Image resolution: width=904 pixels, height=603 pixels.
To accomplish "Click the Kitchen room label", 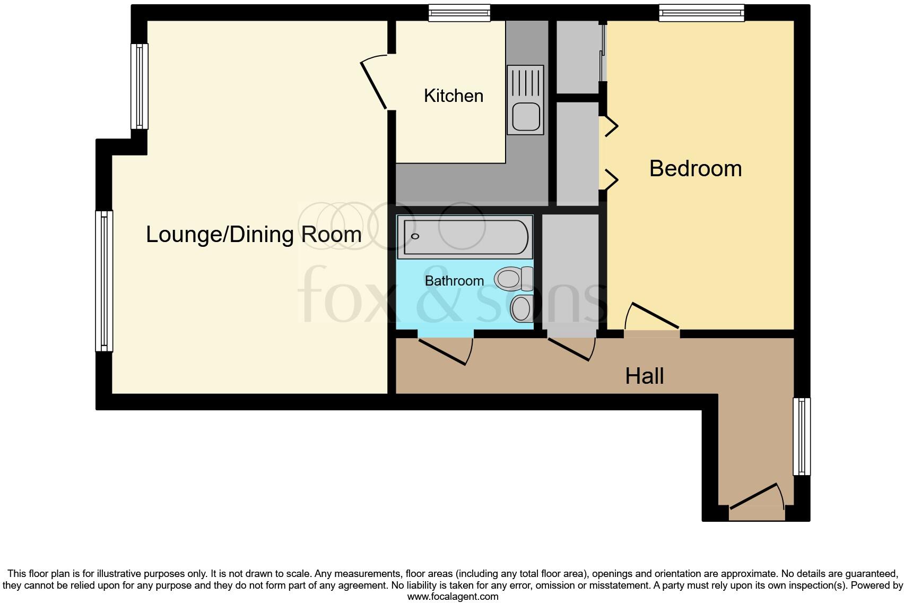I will (x=454, y=96).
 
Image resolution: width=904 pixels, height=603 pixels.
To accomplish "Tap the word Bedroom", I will (x=695, y=169).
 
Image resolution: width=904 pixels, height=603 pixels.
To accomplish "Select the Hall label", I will (x=644, y=376).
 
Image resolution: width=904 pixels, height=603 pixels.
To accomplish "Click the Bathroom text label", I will (x=454, y=281).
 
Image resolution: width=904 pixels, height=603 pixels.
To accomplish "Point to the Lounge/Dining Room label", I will (x=254, y=235).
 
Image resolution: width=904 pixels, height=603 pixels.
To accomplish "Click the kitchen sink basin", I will (x=526, y=116).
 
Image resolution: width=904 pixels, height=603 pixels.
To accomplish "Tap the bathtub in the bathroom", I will (x=465, y=237).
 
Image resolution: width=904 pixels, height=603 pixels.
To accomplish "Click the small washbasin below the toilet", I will (x=521, y=308).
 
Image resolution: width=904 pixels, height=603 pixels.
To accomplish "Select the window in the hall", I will (x=802, y=436).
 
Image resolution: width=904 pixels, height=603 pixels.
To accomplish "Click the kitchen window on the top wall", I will (x=459, y=13).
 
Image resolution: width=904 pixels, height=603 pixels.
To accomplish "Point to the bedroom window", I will (x=701, y=13).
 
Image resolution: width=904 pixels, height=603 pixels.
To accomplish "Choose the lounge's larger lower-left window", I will (x=104, y=281).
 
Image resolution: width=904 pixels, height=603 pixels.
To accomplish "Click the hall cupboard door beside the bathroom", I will (x=570, y=349).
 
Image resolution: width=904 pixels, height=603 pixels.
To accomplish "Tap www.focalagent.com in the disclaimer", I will (x=453, y=597).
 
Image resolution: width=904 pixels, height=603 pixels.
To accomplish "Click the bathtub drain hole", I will (x=415, y=236).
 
